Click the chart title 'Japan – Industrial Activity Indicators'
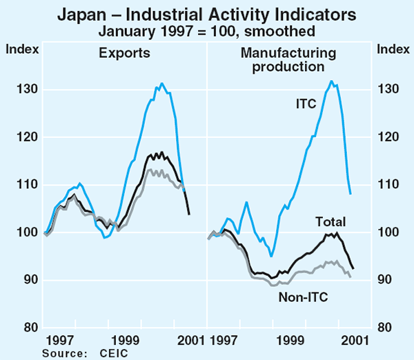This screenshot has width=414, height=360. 207,14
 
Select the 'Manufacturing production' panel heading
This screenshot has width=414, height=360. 282,59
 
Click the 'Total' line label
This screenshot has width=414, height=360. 331,221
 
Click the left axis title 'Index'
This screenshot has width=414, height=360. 19,48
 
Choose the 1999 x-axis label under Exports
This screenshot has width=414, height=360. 125,340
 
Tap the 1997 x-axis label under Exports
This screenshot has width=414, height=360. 60,340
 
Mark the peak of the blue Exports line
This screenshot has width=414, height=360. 161,83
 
